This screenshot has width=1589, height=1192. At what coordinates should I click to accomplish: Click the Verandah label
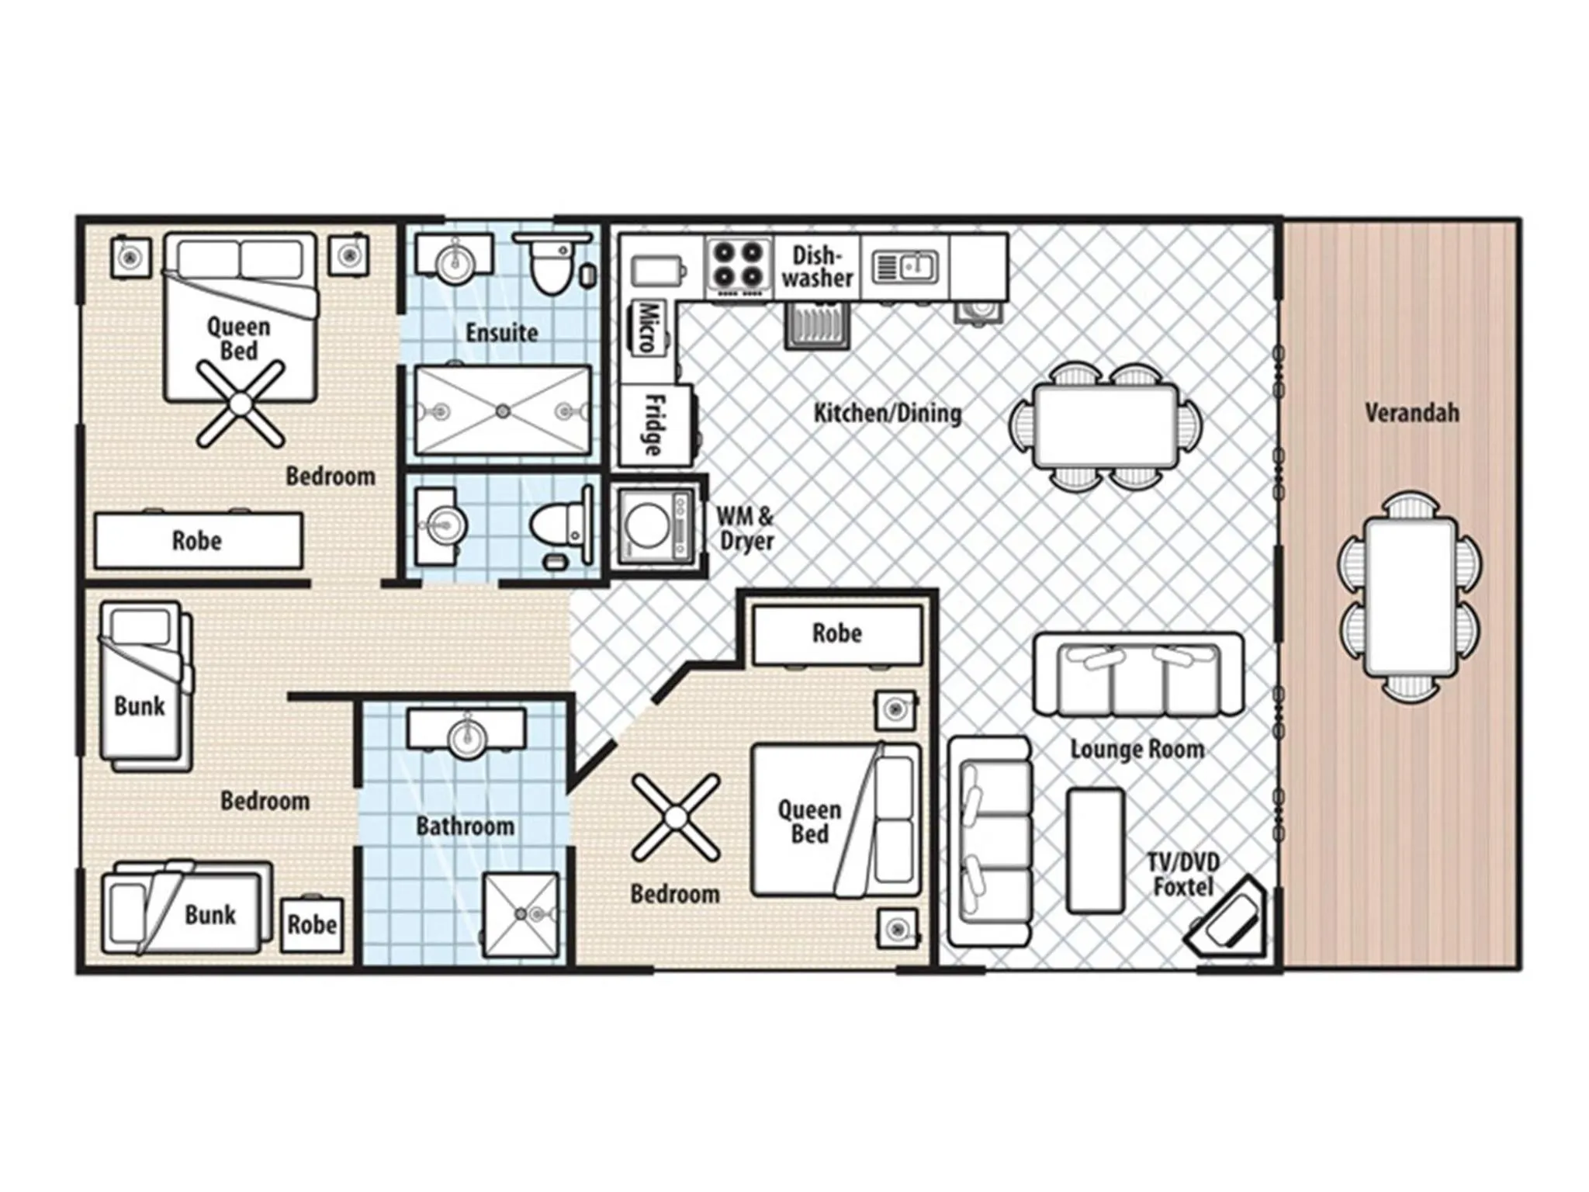point(1411,413)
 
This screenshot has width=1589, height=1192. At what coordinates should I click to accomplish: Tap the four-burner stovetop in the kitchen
point(738,265)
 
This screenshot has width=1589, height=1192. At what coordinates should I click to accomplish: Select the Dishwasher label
point(816,266)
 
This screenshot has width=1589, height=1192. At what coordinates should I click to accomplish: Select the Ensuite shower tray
point(503,410)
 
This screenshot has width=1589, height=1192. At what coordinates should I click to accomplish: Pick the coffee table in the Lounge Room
point(1095,851)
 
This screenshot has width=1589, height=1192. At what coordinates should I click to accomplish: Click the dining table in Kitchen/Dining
point(1106,426)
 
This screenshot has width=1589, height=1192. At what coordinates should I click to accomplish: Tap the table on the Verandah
point(1410,598)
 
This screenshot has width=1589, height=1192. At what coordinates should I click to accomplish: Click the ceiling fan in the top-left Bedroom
point(239,404)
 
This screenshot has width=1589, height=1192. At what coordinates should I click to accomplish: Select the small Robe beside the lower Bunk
point(312,924)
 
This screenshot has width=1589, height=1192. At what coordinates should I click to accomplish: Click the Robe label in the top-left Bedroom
point(197,540)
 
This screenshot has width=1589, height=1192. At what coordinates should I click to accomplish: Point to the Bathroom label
point(465,826)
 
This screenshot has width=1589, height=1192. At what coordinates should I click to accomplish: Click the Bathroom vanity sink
point(466,733)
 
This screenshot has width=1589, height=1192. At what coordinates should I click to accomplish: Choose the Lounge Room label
point(1137,749)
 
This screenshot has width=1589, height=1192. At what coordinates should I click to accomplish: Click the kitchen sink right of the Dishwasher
point(905,266)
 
